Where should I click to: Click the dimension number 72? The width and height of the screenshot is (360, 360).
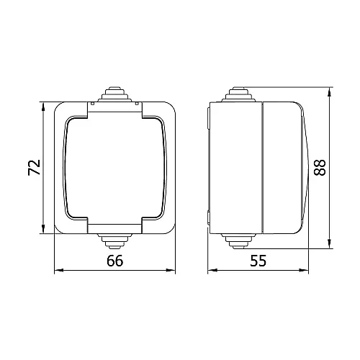point(34,167)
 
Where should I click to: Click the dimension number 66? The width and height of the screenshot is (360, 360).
point(115,261)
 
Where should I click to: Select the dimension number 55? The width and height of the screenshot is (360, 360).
point(258,261)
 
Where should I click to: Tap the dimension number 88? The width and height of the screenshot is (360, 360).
point(320,168)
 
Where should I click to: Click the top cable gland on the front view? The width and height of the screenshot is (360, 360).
point(114,94)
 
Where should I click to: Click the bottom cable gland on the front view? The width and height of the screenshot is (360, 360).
point(114,241)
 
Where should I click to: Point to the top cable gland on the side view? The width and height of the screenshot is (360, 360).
point(238,94)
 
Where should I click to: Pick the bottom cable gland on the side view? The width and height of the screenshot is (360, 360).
point(238,241)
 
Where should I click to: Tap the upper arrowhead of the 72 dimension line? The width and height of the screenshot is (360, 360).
point(43,107)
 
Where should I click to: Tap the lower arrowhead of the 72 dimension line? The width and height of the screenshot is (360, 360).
point(43,229)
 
